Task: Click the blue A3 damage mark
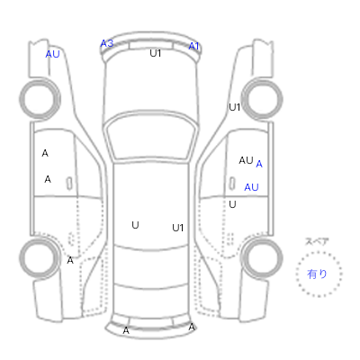tap(107, 43)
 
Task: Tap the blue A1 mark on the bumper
tap(193, 46)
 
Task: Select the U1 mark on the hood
tap(156, 53)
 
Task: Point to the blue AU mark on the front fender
tap(52, 54)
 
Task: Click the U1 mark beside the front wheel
tap(234, 107)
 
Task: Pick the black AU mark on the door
tap(246, 160)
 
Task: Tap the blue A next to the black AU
tap(259, 164)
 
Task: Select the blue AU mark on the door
tap(251, 187)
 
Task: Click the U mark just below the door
tap(232, 204)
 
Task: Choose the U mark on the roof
tap(135, 225)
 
